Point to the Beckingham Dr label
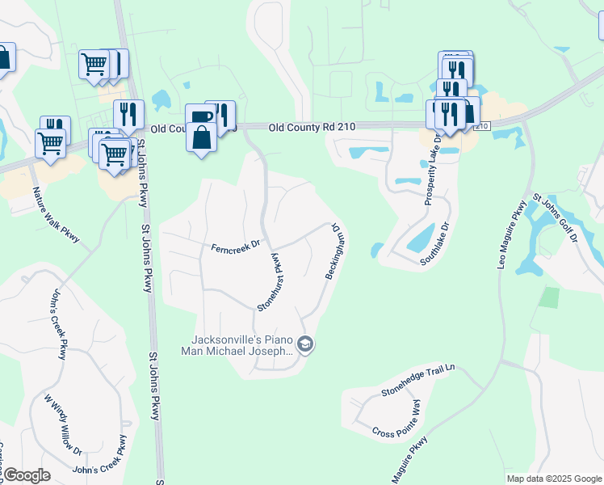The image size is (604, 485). pos(336,253)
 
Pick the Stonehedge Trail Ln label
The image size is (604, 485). pos(418,381)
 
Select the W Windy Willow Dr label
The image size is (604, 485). pos(64,424)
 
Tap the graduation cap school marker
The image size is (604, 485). pos(305,345)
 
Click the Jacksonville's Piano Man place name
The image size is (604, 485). pos(241,345)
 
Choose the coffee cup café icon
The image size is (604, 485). pos(199,116)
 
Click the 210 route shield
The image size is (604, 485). pos(481,126)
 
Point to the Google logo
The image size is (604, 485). pos(26,475)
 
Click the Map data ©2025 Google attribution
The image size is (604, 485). pos(553,479)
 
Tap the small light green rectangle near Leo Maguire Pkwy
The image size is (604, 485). pos(549,297)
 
